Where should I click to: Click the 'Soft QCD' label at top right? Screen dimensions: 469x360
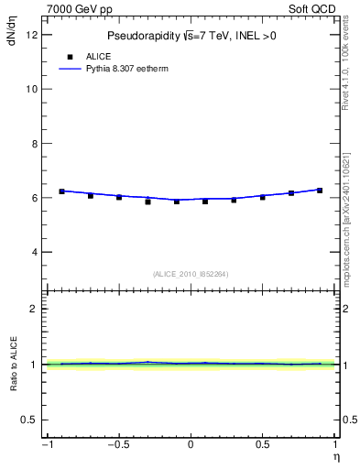pos(313,9)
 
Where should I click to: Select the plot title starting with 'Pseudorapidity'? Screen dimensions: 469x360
pos(191,36)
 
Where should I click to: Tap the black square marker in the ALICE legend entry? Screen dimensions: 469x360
pos(70,57)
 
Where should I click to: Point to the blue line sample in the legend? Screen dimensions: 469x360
pos(70,69)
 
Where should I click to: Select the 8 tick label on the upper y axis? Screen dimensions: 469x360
pos(33,144)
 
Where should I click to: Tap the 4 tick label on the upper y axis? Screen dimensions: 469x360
pos(33,252)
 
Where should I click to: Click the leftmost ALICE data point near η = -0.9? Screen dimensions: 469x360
pos(61,191)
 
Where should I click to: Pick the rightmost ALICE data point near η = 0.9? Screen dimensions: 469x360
pos(320,191)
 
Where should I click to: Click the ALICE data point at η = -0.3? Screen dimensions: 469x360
pos(147,202)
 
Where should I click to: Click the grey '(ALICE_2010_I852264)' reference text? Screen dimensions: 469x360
pos(191,273)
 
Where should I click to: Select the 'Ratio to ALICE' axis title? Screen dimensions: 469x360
pos(12,365)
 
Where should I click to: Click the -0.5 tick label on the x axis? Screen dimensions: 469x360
pos(117,445)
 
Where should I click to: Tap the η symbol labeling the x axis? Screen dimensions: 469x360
pos(335,457)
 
